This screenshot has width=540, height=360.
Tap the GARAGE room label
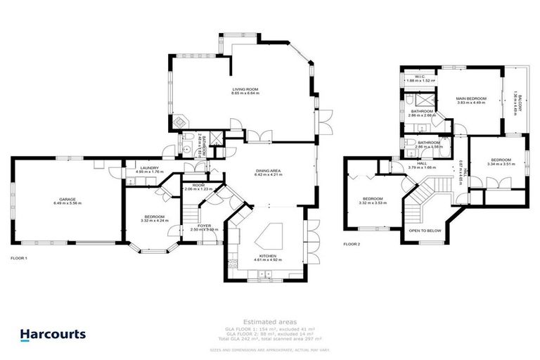coord(67,199)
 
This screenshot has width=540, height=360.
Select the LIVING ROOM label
coord(246,89)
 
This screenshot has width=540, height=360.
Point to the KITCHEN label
coord(266,256)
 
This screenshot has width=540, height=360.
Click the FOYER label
coord(205,226)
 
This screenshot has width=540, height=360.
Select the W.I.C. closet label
coord(420,77)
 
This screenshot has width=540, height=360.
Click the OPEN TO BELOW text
coord(425,231)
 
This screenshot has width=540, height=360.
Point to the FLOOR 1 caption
coord(19,259)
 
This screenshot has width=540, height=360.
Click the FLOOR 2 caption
coord(351,244)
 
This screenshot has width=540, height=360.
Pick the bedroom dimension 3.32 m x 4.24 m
coord(154,220)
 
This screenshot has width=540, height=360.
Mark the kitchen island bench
coord(271,233)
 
